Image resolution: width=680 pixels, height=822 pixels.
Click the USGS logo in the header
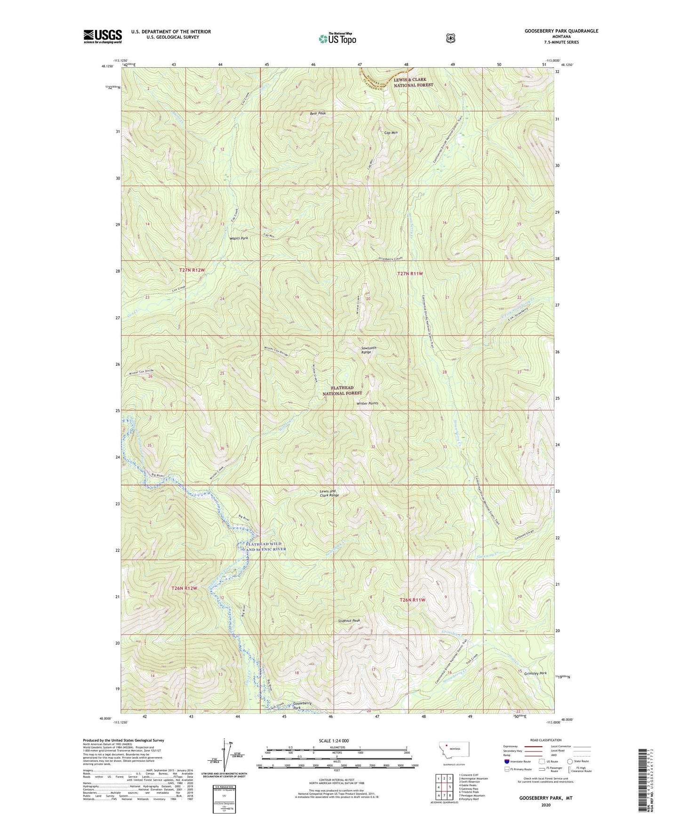pos(103,36)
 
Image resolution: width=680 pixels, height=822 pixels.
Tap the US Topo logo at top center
pos(337,39)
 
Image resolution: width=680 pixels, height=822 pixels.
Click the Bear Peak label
pos(318,113)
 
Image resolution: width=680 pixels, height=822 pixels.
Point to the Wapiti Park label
pos(239,238)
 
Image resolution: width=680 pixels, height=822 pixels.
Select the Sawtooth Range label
pos(368,350)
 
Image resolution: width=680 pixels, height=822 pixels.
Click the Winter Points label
pos(367,403)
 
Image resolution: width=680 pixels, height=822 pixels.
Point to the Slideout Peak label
pos(349,621)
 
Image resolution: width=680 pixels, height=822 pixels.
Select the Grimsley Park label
pos(536,673)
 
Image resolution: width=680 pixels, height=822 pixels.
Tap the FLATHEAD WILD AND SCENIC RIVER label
pos(266,547)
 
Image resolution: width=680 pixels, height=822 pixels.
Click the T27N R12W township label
pos(192,270)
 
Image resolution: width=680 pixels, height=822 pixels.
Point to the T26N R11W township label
pos(412,600)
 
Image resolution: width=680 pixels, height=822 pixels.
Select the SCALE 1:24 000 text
pos(334,741)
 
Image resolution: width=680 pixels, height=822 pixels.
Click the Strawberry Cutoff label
pos(392,258)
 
